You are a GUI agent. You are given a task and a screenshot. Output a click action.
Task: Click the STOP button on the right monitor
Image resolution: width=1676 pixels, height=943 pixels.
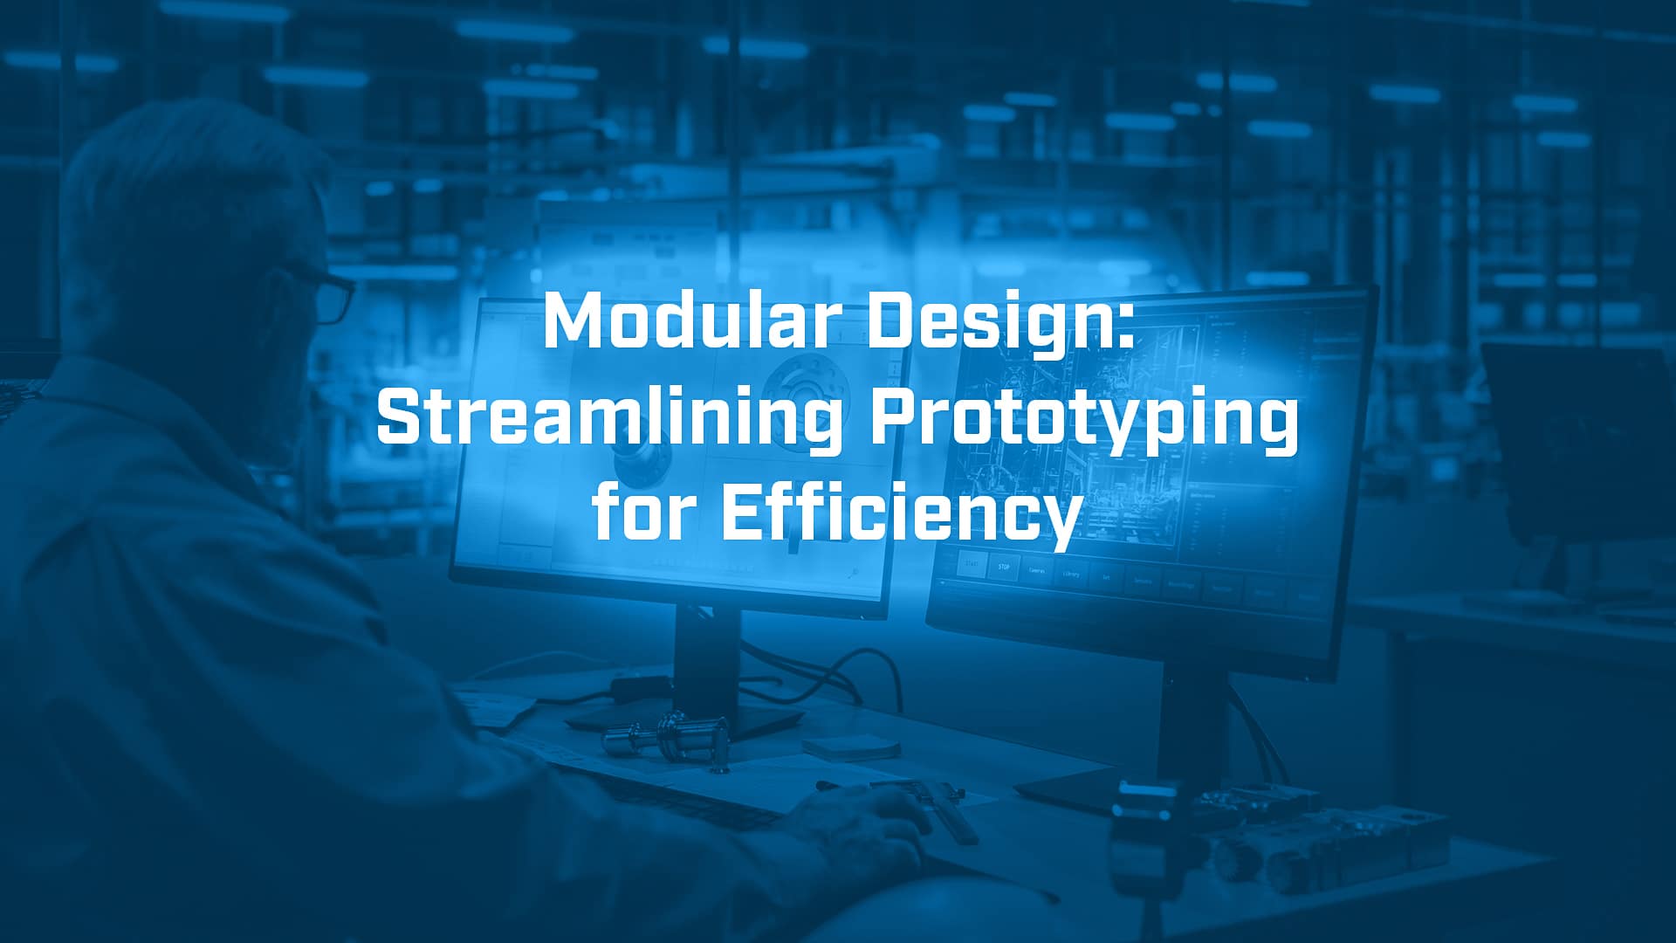click(1004, 567)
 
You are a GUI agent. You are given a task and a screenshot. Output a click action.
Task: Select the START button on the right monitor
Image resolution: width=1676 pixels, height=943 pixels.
click(972, 563)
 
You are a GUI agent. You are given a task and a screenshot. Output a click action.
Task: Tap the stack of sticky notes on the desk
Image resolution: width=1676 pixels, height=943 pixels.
click(851, 747)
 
